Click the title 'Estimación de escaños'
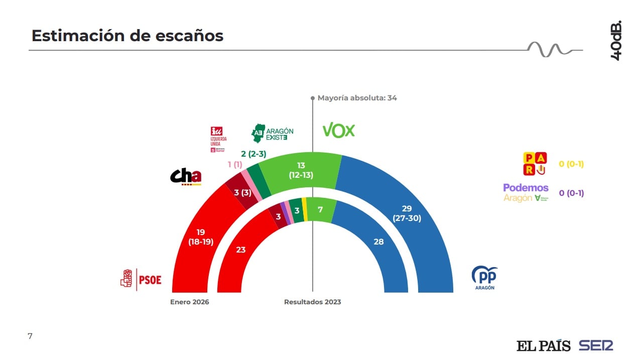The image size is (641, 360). (x=127, y=36)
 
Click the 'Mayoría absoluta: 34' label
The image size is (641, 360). (x=357, y=98)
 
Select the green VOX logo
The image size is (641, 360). (x=338, y=131)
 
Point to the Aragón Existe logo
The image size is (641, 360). (x=272, y=133)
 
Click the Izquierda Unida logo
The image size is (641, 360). (x=218, y=139)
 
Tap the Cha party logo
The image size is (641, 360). (x=186, y=176)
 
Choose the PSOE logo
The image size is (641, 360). (x=141, y=279)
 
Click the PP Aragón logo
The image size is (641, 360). (x=484, y=278)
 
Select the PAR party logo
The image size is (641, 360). (x=535, y=164)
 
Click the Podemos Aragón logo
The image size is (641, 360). (x=526, y=193)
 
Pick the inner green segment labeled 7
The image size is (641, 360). (x=320, y=209)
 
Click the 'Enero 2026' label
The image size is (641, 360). (x=189, y=302)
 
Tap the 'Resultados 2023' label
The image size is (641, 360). (x=312, y=302)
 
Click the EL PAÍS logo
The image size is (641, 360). (x=543, y=345)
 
